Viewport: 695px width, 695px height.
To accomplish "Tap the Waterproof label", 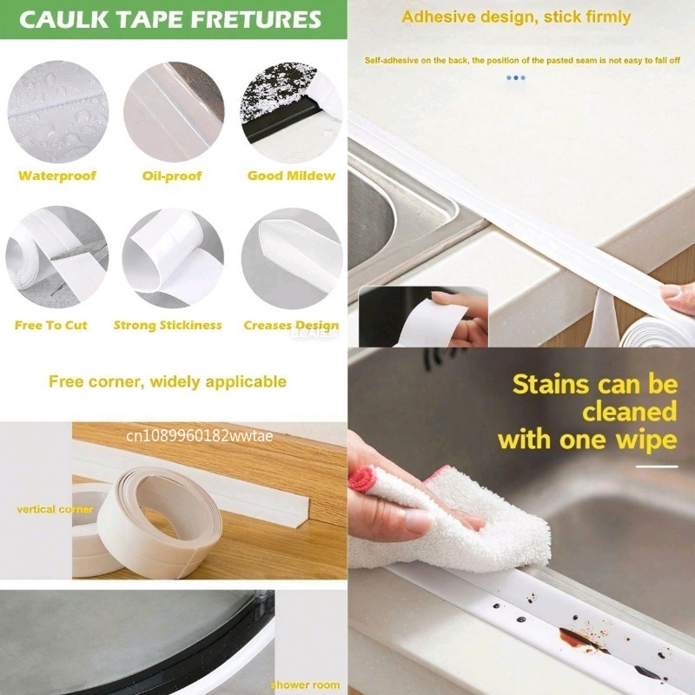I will (57, 175).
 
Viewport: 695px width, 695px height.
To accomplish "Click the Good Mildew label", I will (291, 175).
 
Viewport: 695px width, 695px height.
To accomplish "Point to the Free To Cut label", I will (51, 325).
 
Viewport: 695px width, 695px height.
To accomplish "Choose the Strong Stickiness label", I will (168, 325).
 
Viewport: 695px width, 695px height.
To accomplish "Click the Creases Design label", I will (291, 325).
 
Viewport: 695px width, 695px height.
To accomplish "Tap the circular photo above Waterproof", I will (57, 111).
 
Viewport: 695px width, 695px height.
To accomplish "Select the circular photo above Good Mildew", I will (291, 111).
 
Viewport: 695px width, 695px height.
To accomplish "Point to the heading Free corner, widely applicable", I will (167, 381).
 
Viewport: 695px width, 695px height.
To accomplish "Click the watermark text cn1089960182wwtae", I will (200, 435).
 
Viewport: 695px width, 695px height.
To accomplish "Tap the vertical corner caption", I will (54, 509).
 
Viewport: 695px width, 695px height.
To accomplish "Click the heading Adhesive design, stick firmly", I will (516, 17).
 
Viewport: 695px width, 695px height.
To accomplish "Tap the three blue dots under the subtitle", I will (516, 77).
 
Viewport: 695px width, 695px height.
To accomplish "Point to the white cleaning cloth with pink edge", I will (443, 513).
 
